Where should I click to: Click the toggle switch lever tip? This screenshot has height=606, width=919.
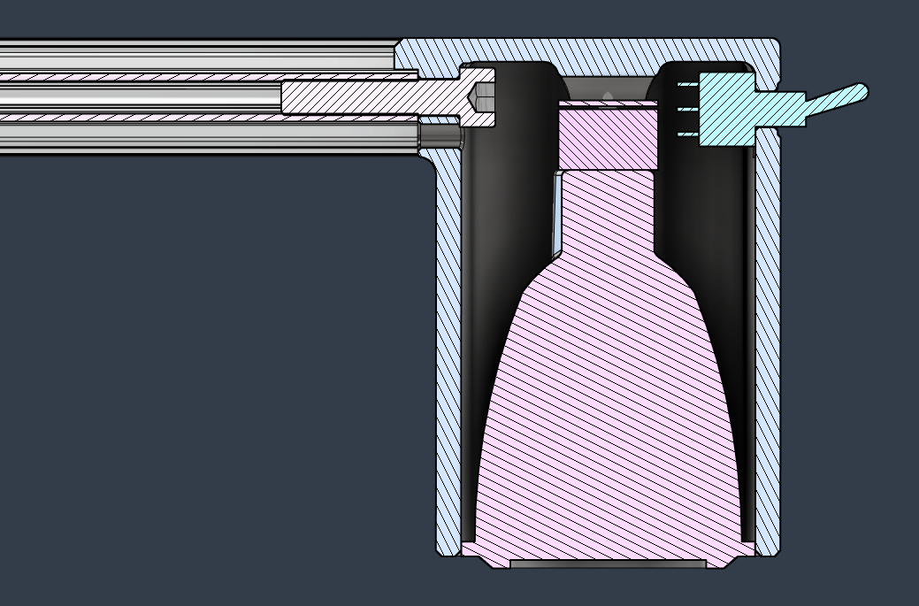858,91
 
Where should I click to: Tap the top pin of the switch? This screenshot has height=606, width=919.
687,86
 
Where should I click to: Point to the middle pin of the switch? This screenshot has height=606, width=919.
687,111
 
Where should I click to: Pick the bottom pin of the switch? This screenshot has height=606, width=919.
687,134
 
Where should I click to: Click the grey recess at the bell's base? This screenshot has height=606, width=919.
609,564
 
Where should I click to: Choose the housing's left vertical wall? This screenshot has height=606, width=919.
448,354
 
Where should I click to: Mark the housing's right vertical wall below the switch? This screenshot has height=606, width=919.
768,354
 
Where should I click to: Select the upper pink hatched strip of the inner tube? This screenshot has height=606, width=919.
177,77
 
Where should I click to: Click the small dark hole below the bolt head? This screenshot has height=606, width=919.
440,136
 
